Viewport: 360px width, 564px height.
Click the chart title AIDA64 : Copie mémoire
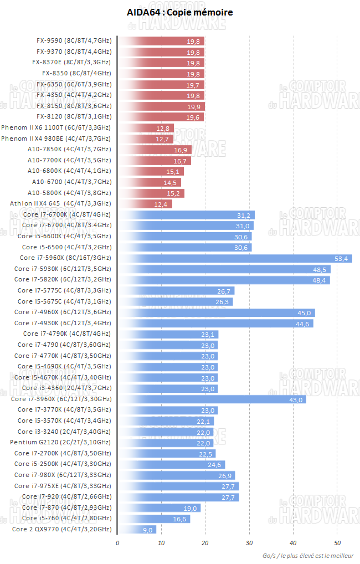[179, 12]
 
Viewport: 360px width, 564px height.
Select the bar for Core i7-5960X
[235, 258]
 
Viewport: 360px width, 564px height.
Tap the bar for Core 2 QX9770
[137, 530]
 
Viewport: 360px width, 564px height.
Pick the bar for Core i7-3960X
[212, 399]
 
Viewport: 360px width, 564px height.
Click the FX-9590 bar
[161, 41]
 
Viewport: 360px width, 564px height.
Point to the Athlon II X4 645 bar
[145, 204]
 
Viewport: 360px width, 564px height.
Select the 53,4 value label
[341, 258]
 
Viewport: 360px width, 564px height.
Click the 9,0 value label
[148, 530]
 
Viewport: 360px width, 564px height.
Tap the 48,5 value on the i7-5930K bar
[320, 269]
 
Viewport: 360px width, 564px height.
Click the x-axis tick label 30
[249, 544]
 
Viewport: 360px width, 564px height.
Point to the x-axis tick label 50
[337, 544]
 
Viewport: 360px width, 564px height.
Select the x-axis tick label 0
[117, 544]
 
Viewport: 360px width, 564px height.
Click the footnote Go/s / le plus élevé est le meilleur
[310, 556]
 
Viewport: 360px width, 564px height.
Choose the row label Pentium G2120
[60, 443]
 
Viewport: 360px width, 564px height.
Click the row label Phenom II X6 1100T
[56, 128]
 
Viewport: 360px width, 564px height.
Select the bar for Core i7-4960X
[216, 312]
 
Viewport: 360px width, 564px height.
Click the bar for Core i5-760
[153, 519]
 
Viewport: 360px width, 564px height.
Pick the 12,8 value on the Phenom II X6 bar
[163, 128]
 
